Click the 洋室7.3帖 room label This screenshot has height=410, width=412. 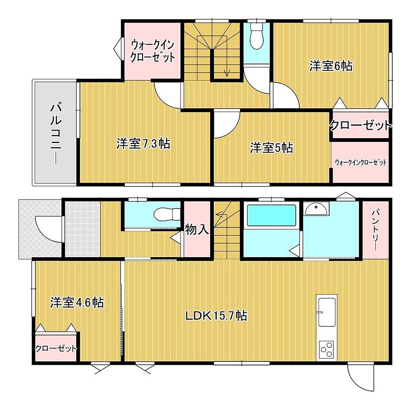[143, 144]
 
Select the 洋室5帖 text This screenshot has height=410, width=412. [271, 148]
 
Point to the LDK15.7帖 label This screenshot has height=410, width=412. [216, 315]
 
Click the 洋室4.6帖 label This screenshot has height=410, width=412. [77, 302]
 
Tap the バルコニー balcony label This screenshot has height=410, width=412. [56, 134]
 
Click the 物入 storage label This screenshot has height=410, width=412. [197, 230]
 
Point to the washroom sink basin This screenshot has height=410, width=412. [316, 209]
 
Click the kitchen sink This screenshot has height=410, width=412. [327, 312]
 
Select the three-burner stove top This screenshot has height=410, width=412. [326, 349]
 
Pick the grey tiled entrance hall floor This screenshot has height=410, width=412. [82, 229]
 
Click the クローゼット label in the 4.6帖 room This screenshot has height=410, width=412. [56, 349]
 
